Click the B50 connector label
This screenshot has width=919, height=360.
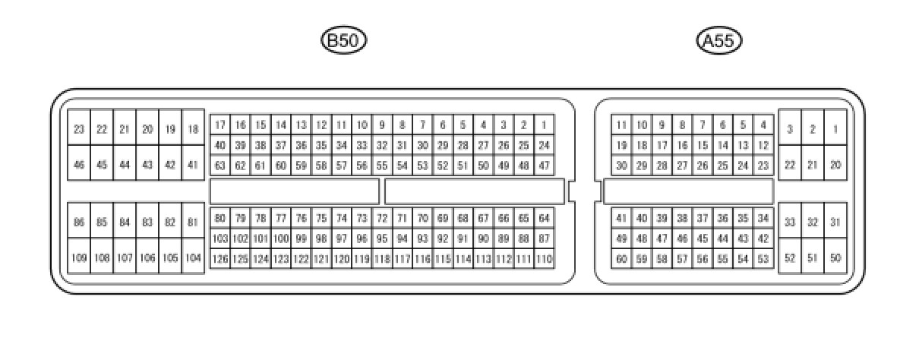[x=343, y=41]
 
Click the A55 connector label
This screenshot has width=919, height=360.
[x=718, y=41]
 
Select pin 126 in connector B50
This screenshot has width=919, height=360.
[x=219, y=259]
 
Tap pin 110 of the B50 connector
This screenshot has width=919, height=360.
[x=544, y=259]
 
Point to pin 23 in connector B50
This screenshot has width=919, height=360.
[x=79, y=130]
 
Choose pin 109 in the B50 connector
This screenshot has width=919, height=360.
[x=79, y=258]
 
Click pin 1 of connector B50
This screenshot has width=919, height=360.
[x=544, y=125]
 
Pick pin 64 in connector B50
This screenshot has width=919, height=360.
[x=544, y=219]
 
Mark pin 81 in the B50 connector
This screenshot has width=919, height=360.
[x=193, y=223]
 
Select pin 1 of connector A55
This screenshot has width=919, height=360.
[x=835, y=130]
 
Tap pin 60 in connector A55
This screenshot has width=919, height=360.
[x=621, y=259]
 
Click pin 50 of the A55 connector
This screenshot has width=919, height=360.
[x=835, y=258]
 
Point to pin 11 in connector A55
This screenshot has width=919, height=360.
[x=621, y=125]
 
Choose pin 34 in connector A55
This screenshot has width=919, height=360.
[x=763, y=219]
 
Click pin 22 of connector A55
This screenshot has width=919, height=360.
[x=790, y=165]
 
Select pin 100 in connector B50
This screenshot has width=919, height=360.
[x=280, y=238]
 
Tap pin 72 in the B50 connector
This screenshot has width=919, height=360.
[x=382, y=219]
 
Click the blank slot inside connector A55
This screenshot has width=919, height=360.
[x=688, y=191]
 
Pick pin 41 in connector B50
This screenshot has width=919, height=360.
[x=193, y=165]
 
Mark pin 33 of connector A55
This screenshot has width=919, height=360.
[x=790, y=223]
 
